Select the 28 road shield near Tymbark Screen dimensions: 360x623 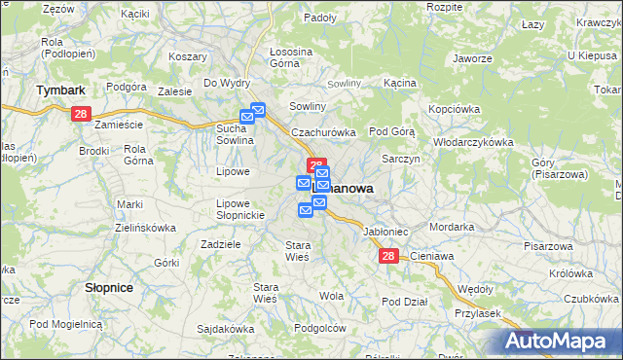tap(82, 114)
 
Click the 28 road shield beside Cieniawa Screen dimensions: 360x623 tap(388, 256)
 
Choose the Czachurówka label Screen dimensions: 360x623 tap(324, 132)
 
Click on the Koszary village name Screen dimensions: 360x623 tap(188, 57)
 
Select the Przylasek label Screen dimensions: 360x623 tap(477, 313)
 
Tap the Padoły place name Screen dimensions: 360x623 tap(319, 18)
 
